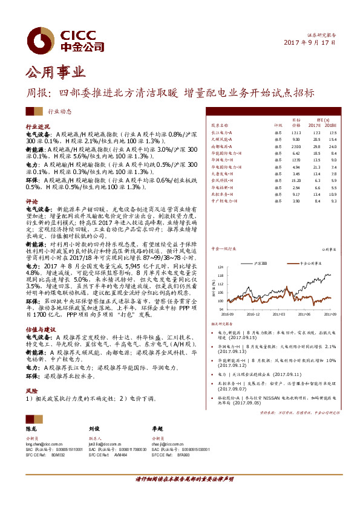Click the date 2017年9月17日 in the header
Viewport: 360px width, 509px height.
310,44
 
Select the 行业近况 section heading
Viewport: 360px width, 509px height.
35,127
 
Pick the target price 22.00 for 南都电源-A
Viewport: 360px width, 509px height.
296,146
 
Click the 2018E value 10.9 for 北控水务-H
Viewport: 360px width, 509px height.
332,195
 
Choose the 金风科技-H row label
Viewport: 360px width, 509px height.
223,180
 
